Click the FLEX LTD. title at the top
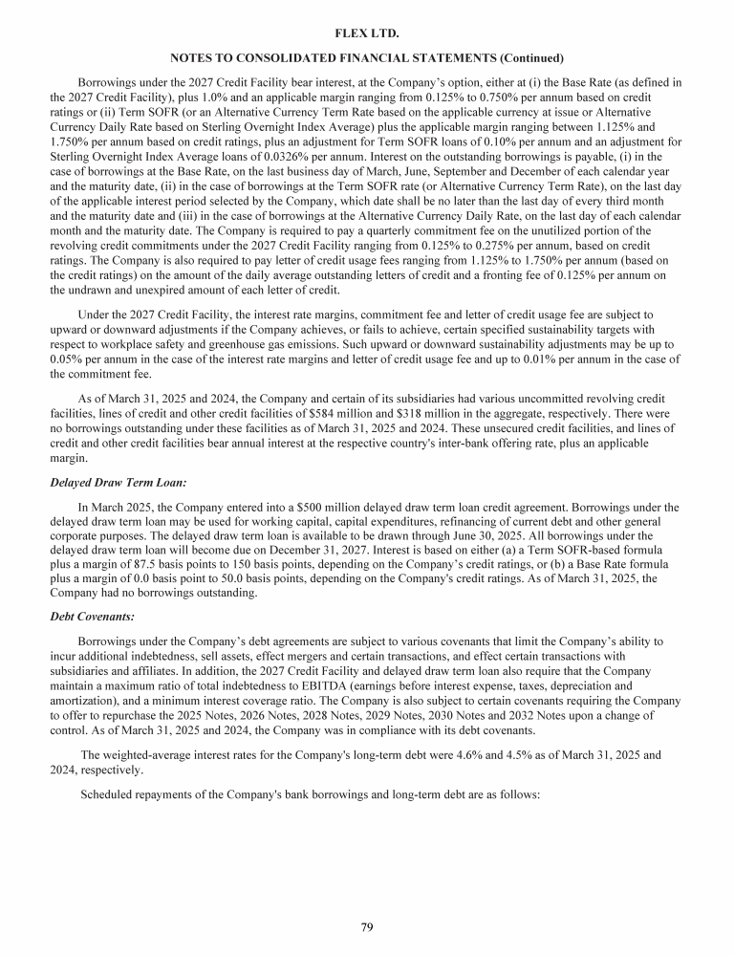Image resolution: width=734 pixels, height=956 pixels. pos(367,33)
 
